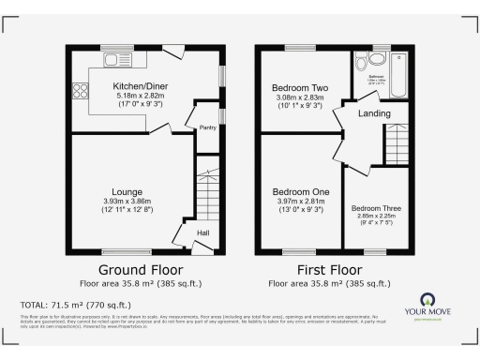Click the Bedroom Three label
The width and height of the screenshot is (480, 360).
(x=372, y=208)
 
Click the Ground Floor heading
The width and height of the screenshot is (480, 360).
(x=141, y=267)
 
